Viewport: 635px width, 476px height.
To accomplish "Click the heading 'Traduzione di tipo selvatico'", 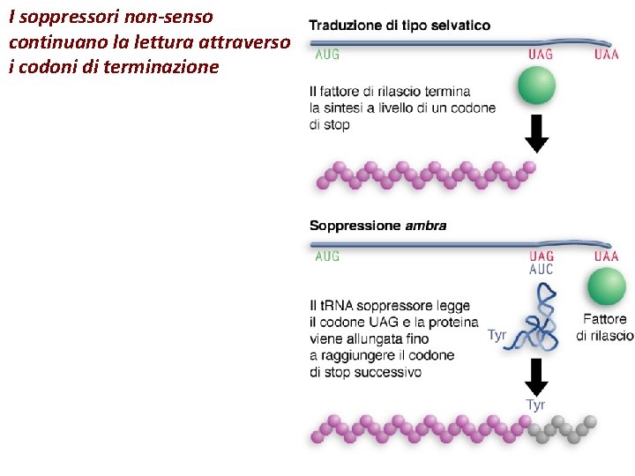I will point(400,26).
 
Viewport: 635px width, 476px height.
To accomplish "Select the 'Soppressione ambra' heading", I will point(377,226).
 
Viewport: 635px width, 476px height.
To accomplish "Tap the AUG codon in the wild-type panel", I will point(327,55).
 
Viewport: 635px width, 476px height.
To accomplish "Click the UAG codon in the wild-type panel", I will point(541,55).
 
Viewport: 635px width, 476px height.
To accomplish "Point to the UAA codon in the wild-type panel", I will point(606,55).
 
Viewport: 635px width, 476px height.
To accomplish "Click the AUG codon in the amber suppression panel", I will point(327,257).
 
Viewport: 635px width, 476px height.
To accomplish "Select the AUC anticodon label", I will point(541,270).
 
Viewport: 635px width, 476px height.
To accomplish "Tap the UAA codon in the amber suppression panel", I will point(606,257).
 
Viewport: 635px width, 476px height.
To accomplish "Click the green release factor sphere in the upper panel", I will point(536,86).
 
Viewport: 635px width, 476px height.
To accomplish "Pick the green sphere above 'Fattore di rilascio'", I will point(606,287).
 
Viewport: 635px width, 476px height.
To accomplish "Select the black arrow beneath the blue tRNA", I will point(535,376).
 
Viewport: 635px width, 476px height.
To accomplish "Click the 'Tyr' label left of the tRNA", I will point(497,335).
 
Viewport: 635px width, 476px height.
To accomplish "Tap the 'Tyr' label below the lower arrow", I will point(535,405).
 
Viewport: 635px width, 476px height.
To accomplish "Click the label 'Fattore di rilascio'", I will point(605,327).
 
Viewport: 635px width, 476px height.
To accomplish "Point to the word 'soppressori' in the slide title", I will point(60,17).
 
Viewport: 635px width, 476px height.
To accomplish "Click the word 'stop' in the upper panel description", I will point(338,125).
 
